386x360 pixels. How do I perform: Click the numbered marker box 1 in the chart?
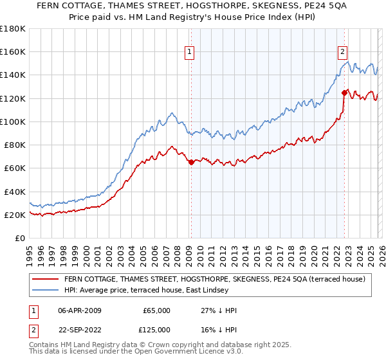pyautogui.click(x=190, y=53)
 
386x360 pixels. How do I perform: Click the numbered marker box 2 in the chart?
pyautogui.click(x=342, y=53)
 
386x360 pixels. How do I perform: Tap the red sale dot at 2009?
pyautogui.click(x=191, y=163)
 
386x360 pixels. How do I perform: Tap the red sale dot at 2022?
pyautogui.click(x=344, y=93)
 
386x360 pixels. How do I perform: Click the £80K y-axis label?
pyautogui.click(x=15, y=145)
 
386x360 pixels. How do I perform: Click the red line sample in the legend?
pyautogui.click(x=45, y=278)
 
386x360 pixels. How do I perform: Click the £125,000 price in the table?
pyautogui.click(x=156, y=329)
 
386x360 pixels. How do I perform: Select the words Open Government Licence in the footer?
pyautogui.click(x=172, y=354)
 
